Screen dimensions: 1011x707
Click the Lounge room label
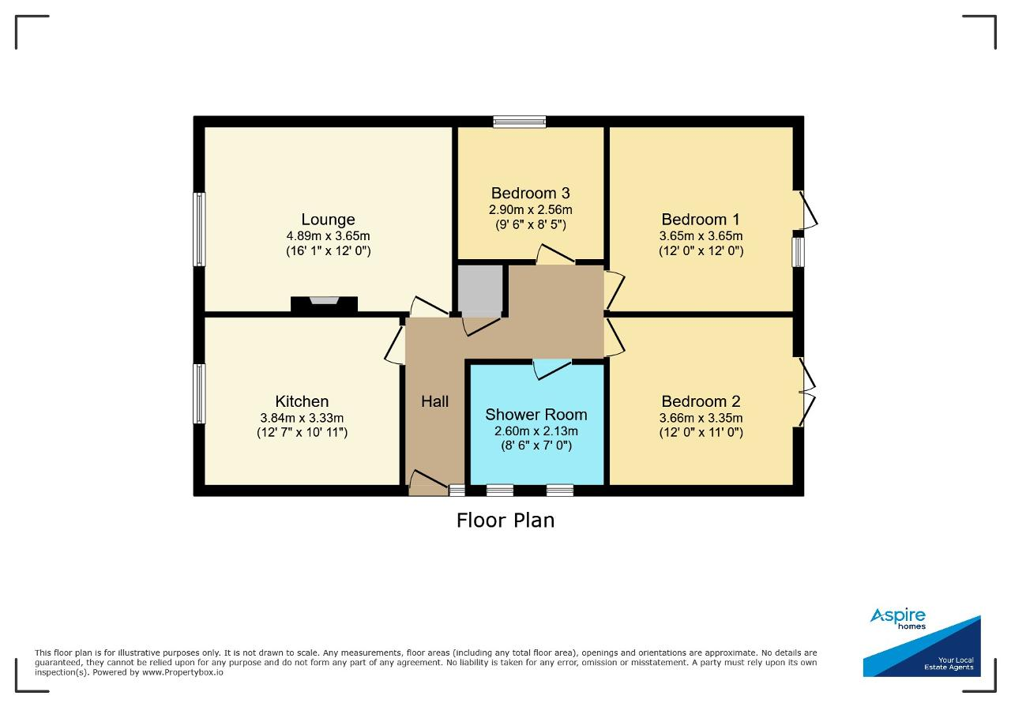[328, 220]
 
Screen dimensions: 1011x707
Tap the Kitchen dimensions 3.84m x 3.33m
[302, 418]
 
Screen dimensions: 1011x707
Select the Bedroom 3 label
[530, 194]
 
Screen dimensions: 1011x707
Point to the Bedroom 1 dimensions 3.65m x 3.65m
[701, 235]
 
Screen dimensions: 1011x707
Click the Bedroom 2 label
[701, 401]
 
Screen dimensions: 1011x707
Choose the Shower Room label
[536, 415]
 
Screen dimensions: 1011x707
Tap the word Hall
[434, 401]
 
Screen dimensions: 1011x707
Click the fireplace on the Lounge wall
[324, 304]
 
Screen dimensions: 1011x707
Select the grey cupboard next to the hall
[480, 291]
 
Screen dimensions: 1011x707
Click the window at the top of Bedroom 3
[520, 122]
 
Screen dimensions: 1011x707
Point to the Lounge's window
[199, 229]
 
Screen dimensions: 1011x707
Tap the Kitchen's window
[199, 393]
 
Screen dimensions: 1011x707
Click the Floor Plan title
[505, 521]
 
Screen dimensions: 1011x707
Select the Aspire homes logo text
[898, 618]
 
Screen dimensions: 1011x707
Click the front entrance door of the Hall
[428, 484]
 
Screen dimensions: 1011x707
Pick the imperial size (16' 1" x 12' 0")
[328, 250]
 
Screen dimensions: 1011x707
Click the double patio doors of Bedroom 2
[808, 393]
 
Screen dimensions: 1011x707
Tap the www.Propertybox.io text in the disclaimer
[182, 672]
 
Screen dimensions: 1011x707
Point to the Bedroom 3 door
[555, 254]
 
